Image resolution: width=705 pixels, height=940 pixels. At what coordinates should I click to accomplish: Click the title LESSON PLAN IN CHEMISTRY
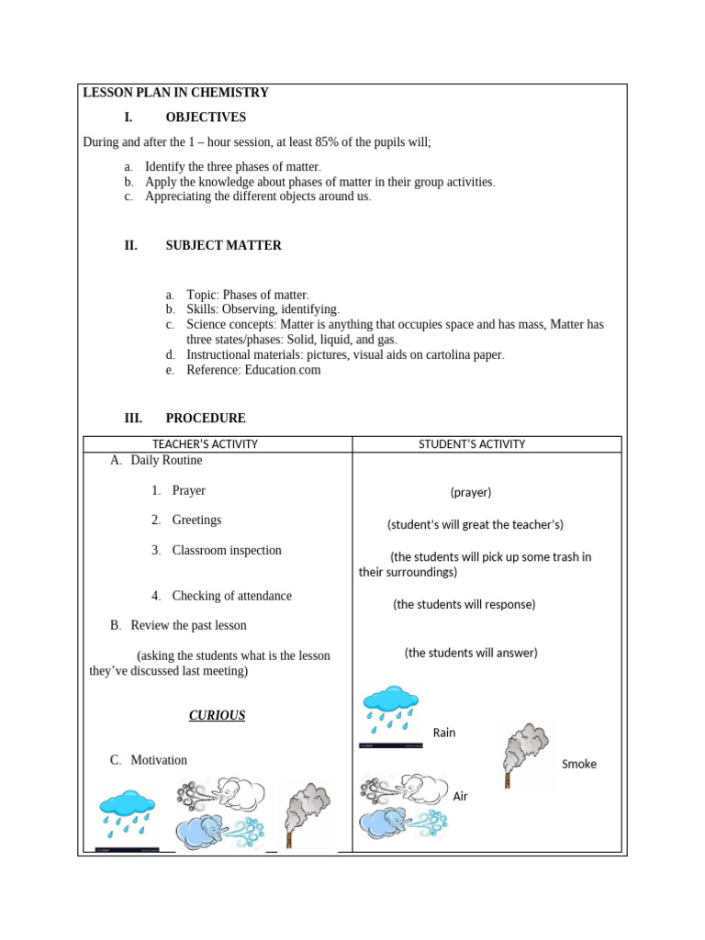coord(175,93)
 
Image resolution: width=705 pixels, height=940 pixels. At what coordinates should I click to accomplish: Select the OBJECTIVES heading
coord(206,117)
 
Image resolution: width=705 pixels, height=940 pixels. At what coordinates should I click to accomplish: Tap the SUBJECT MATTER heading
coord(223,246)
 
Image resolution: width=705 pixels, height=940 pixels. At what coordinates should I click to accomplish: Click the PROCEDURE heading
coord(206,419)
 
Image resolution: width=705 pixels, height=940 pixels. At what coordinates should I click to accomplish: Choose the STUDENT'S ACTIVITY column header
coord(472,444)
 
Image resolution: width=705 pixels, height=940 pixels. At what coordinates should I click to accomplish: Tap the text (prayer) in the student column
coord(471,492)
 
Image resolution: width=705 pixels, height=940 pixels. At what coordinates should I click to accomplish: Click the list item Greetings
coord(196,520)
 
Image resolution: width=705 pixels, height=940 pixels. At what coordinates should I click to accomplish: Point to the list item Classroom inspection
coord(227,551)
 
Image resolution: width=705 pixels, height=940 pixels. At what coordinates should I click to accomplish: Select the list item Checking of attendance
coord(231,597)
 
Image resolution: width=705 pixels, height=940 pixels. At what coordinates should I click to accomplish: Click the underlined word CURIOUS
coord(218,715)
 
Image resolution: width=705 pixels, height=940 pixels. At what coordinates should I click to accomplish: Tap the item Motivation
coord(158,760)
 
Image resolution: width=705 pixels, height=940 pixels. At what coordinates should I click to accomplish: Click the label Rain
coord(444,733)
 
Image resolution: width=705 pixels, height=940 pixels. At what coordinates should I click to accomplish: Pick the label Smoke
coord(578,764)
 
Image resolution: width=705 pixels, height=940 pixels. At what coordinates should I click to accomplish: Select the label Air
coord(461,796)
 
